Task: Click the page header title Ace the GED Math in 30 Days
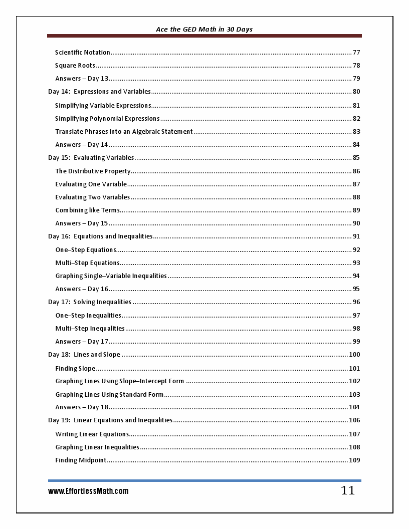click(x=204, y=30)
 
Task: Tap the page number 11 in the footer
click(x=347, y=490)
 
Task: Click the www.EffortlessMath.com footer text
click(x=88, y=491)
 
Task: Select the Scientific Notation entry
click(x=83, y=53)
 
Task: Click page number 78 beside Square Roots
click(x=356, y=66)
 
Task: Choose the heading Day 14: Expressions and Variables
click(x=99, y=92)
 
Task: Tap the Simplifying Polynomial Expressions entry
click(x=107, y=119)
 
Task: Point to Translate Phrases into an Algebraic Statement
click(x=124, y=132)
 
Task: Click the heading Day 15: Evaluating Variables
click(x=91, y=158)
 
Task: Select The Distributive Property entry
click(x=93, y=171)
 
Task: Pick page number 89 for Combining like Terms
click(x=356, y=210)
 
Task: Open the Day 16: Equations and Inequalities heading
click(x=100, y=236)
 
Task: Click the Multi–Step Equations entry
click(x=88, y=263)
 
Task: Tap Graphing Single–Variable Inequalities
click(x=111, y=276)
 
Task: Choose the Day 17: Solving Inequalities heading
click(x=90, y=302)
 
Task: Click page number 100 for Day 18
click(x=354, y=355)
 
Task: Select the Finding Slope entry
click(x=75, y=369)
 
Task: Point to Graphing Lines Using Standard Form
click(x=109, y=395)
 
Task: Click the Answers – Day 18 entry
click(x=82, y=407)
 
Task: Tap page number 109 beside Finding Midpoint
click(x=354, y=460)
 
